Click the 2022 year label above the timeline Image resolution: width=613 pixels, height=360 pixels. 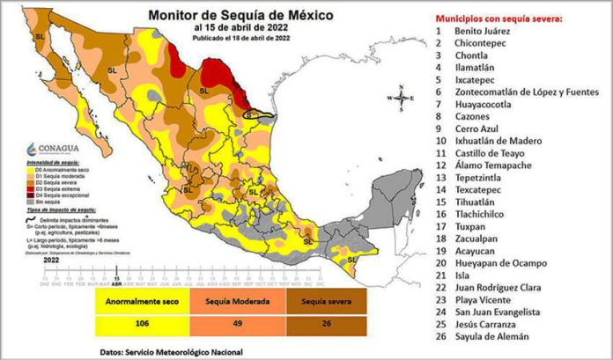52,260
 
